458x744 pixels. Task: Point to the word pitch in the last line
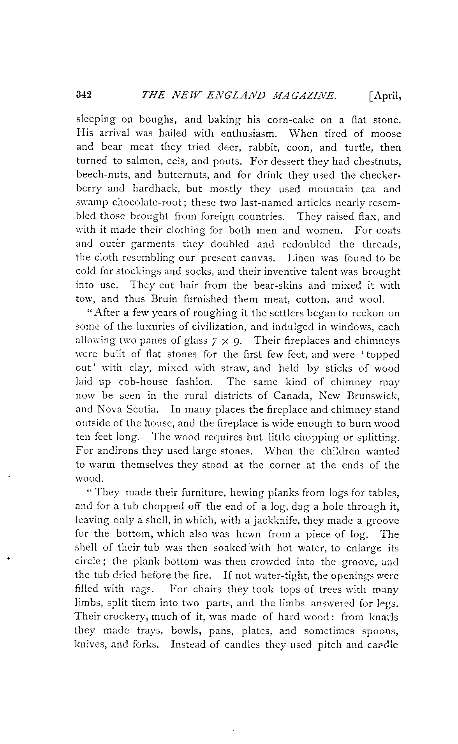(330, 645)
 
